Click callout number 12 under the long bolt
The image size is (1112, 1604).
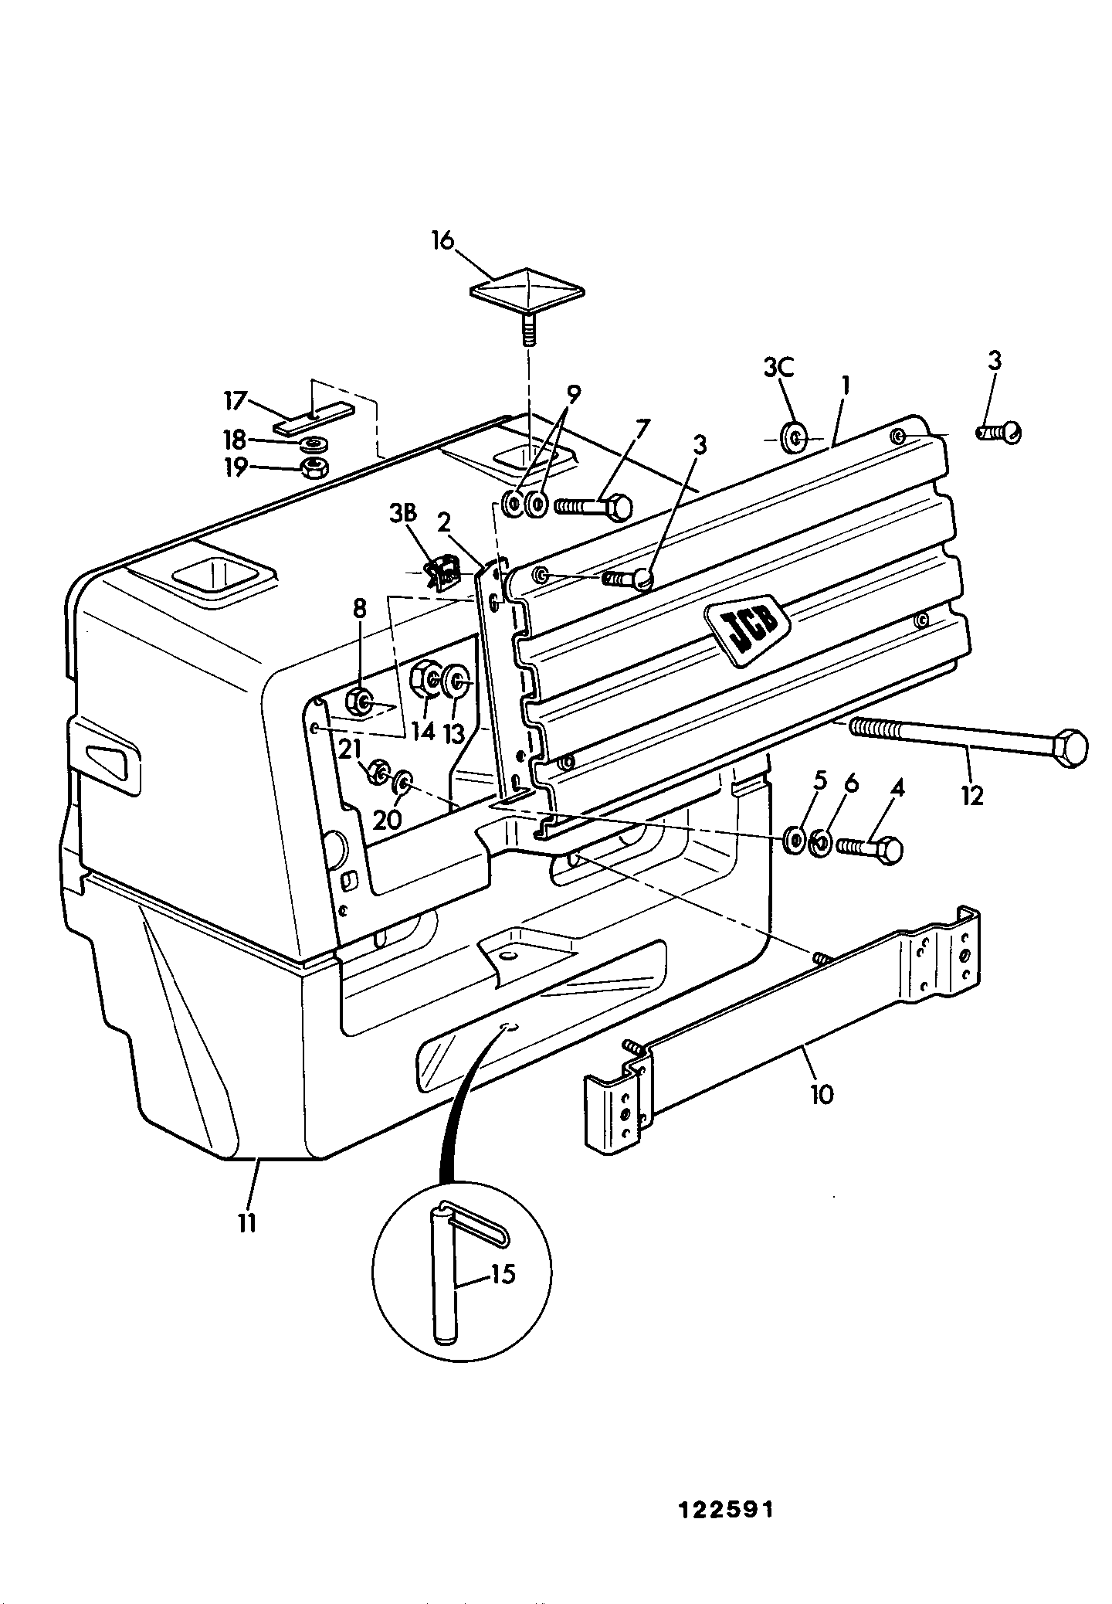[x=972, y=795]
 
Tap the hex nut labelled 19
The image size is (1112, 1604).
[x=314, y=467]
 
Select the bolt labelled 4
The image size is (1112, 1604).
[x=870, y=849]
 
